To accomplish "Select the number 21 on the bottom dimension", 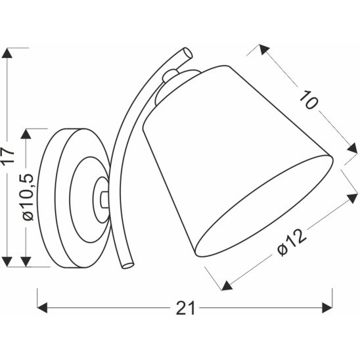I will (x=185, y=307).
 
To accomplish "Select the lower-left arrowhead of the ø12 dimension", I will (x=226, y=284).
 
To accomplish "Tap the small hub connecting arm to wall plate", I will (x=102, y=195).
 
